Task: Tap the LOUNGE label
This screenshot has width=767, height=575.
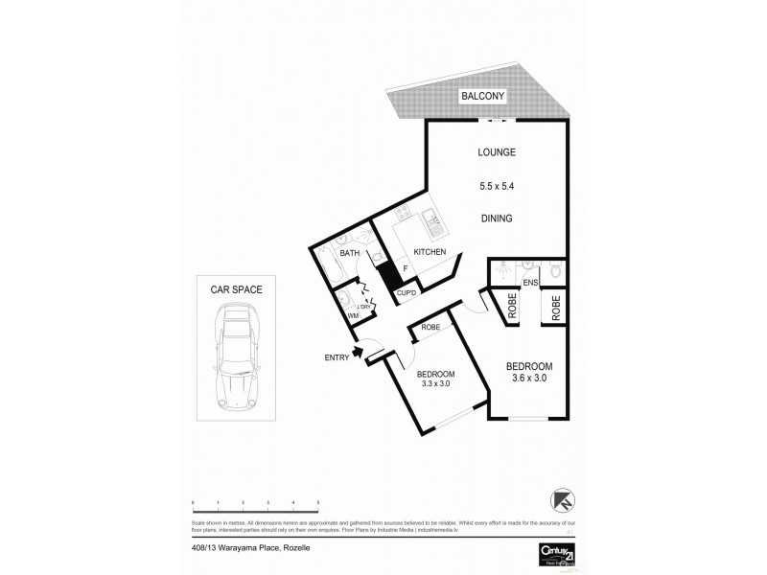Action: tap(498, 152)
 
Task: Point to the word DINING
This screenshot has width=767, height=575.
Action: tap(497, 218)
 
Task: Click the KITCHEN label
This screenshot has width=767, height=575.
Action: tap(430, 251)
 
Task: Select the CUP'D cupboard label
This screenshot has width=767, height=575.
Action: tap(406, 291)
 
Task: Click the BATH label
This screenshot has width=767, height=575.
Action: tap(349, 253)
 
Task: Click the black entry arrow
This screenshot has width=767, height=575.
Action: tap(357, 353)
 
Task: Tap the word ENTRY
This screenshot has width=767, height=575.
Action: tap(336, 359)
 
